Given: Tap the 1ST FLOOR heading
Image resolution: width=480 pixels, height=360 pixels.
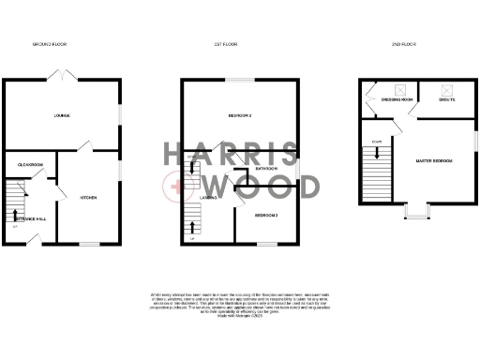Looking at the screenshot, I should click(x=224, y=44).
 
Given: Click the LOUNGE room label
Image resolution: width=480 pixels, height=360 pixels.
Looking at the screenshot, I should click(x=62, y=116).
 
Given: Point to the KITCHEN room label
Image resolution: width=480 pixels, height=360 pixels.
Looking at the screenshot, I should click(x=89, y=198).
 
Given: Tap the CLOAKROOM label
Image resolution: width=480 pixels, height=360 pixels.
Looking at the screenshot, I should click(x=31, y=164).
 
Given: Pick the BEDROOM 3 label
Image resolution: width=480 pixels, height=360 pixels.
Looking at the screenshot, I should click(x=266, y=216).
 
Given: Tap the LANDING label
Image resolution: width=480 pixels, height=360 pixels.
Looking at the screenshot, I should click(x=211, y=199).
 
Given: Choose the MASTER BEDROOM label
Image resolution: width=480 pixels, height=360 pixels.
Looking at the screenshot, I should click(x=434, y=161).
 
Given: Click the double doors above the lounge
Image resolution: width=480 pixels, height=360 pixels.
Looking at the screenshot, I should click(x=62, y=74).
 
